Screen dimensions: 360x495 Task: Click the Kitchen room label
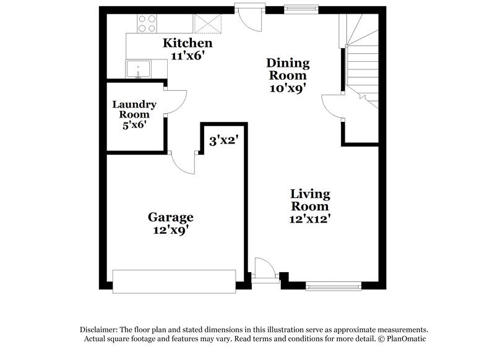point(187,43)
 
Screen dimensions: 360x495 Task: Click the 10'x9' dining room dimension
point(287,87)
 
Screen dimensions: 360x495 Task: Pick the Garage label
point(170,217)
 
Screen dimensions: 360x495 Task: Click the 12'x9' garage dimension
point(170,230)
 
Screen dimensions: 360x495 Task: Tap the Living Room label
point(310,200)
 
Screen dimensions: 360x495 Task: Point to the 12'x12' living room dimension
point(310,219)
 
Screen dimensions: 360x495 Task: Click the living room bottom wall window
point(333,285)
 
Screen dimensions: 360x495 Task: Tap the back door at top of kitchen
point(251,17)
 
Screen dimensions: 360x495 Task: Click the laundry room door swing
point(175,102)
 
